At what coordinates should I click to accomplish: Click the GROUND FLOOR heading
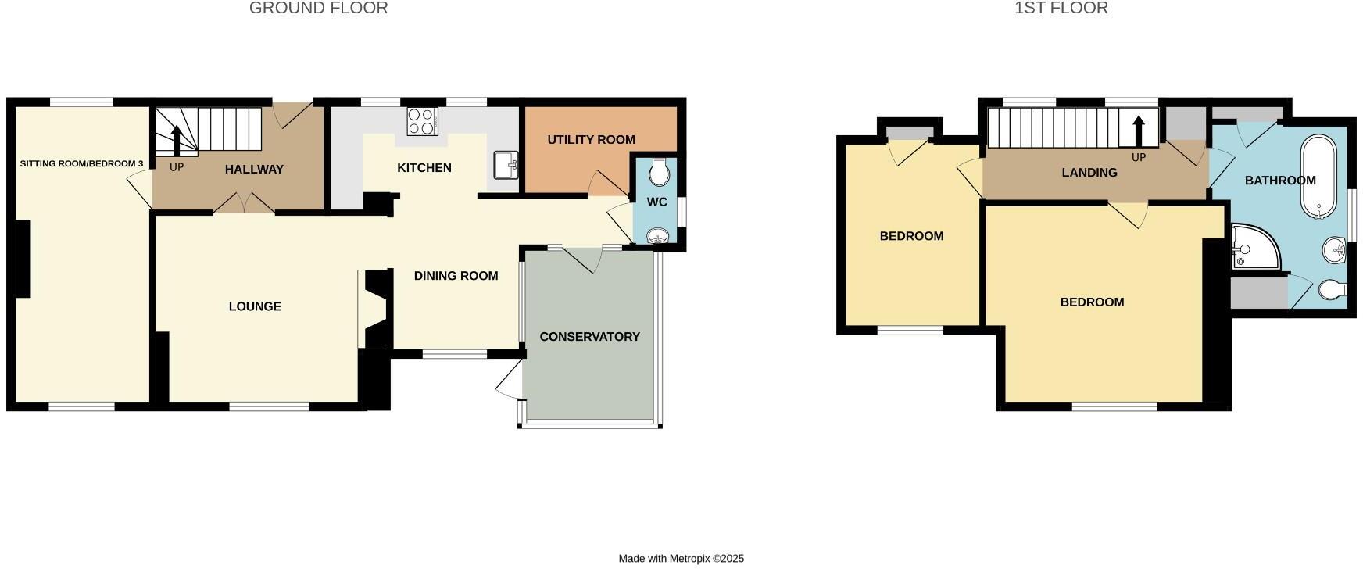click(x=318, y=9)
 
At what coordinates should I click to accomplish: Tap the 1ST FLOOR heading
click(x=1061, y=9)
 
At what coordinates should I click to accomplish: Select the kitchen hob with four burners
click(x=422, y=121)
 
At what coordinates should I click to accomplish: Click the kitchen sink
click(x=506, y=165)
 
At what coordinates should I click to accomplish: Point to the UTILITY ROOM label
click(x=591, y=140)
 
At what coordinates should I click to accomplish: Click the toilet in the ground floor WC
click(x=660, y=173)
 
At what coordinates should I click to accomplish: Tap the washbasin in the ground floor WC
click(x=660, y=236)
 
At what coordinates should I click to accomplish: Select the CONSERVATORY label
click(x=589, y=337)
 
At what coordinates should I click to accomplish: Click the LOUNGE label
click(x=255, y=306)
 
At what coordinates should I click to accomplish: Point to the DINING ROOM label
click(x=456, y=276)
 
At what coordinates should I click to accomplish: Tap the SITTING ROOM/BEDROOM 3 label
click(x=81, y=164)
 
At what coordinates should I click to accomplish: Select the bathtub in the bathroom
click(x=1319, y=178)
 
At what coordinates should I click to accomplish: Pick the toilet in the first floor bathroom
click(x=1332, y=290)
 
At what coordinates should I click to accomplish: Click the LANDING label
click(x=1089, y=173)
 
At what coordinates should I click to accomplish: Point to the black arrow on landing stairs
click(x=1139, y=131)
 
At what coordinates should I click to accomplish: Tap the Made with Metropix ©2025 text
click(x=681, y=559)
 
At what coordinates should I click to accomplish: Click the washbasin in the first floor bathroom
click(x=1336, y=252)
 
